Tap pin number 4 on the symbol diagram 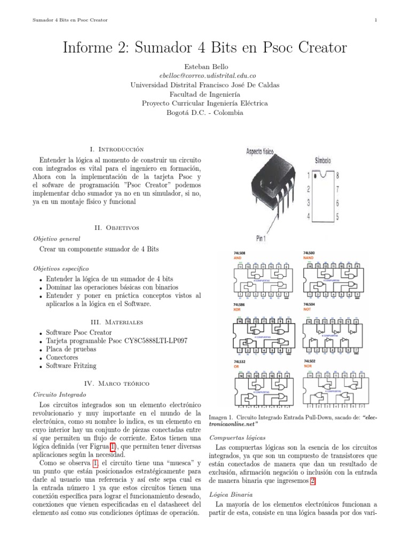[308, 216]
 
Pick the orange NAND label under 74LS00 [309, 257]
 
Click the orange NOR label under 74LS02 [308, 366]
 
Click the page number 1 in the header [376, 20]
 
